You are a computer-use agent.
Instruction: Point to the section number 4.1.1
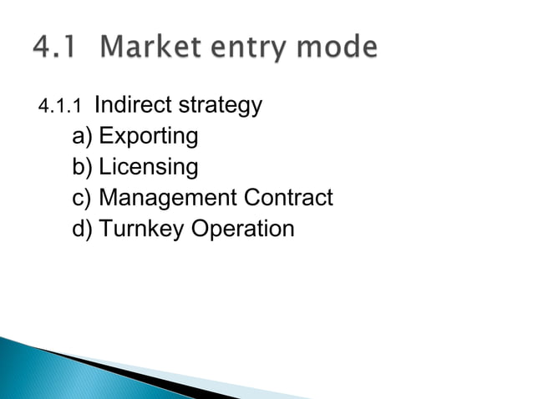coord(61,108)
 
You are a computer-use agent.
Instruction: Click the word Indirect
coord(129,106)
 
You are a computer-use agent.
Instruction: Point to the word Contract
coord(288,199)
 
